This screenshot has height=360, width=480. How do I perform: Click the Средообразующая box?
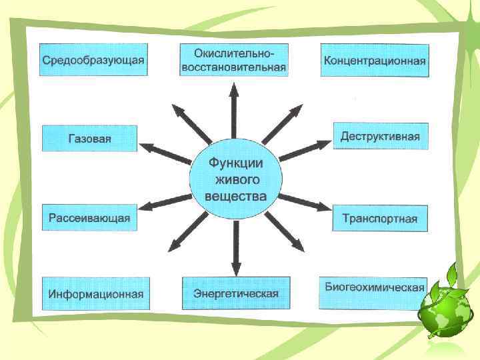(x=93, y=60)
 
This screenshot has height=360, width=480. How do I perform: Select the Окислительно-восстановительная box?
(x=233, y=60)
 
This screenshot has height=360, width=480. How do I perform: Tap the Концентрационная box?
(x=375, y=61)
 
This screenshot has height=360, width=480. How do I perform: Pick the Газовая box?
(x=89, y=139)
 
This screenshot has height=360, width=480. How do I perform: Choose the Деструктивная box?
(x=380, y=137)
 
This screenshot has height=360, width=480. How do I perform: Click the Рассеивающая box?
(x=89, y=217)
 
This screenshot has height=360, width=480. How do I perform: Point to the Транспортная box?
(x=380, y=218)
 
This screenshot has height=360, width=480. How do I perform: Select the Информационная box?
(x=96, y=293)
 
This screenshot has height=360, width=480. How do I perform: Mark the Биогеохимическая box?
(x=375, y=288)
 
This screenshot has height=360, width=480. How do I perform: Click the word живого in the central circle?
(x=236, y=180)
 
